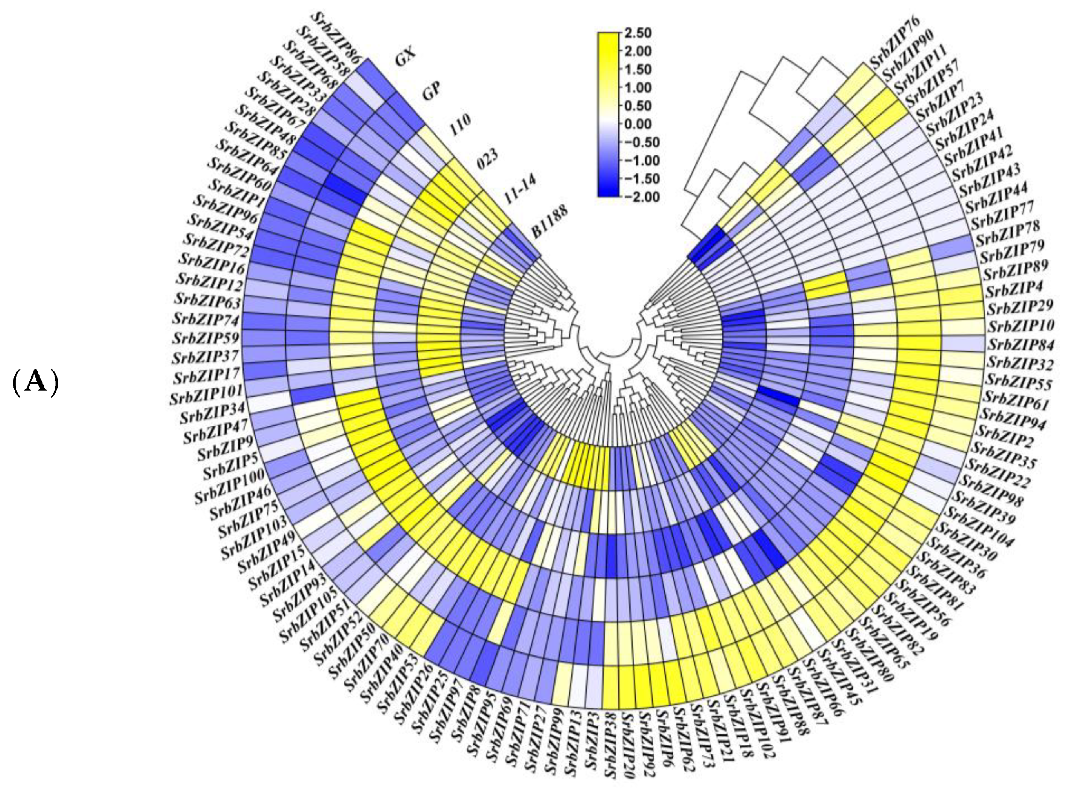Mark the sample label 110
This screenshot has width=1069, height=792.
click(x=460, y=126)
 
